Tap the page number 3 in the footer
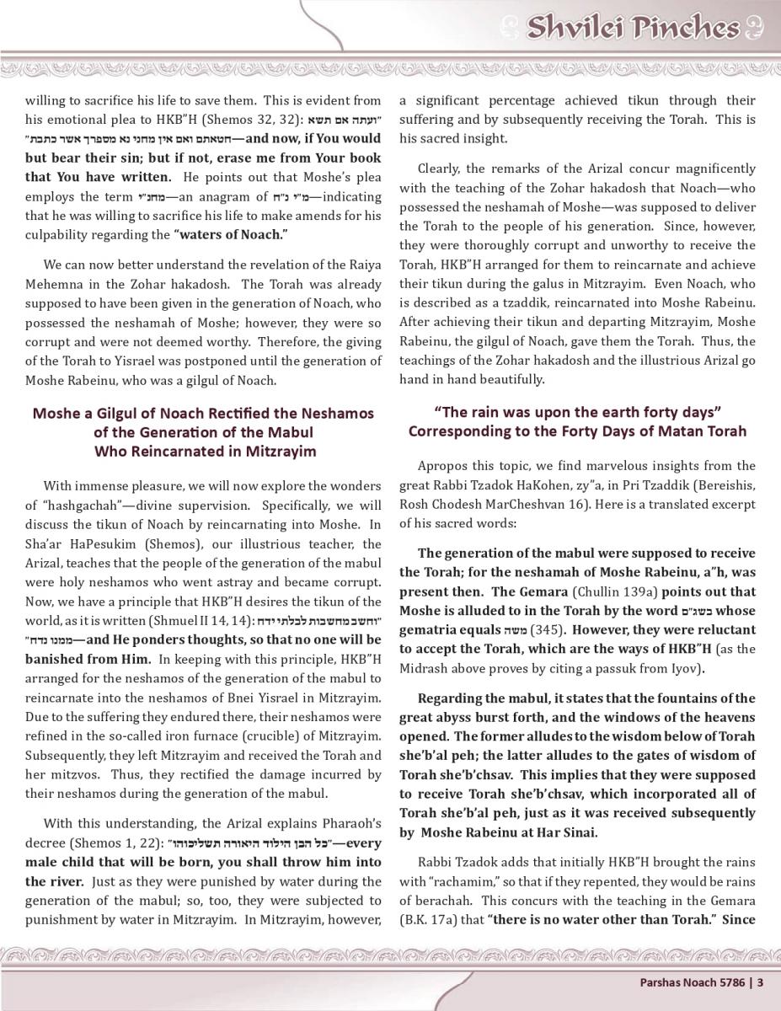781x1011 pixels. click(x=760, y=982)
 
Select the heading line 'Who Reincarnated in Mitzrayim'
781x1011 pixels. click(x=205, y=451)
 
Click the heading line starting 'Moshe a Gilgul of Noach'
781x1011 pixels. click(x=203, y=414)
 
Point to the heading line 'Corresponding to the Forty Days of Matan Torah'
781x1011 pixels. click(x=577, y=431)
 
